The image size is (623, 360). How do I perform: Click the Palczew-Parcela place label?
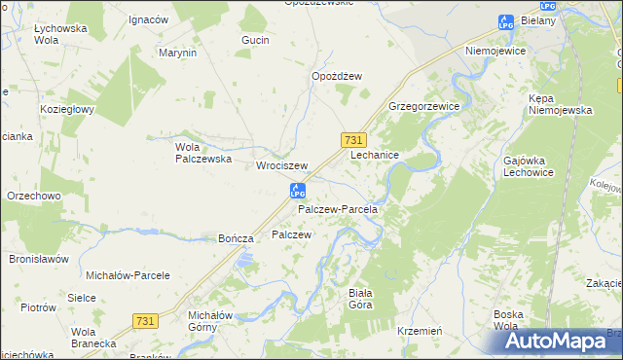[x=337, y=209]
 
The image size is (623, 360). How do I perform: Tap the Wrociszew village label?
[x=281, y=165]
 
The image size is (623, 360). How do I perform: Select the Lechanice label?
[x=375, y=155]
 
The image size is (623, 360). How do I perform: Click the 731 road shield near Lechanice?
[x=354, y=140]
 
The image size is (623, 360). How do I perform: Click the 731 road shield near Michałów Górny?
[x=144, y=321]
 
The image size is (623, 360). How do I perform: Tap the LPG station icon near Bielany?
[x=504, y=21]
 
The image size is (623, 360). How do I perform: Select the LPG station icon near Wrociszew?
[x=298, y=190]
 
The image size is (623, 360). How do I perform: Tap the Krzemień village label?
[x=421, y=331]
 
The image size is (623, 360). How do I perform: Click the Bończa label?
[x=237, y=238]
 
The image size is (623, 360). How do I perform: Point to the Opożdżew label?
[x=337, y=76]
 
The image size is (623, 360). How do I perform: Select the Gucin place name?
[x=255, y=40]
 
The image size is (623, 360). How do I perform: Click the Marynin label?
[x=178, y=53]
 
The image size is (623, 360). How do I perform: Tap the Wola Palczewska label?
[x=202, y=153]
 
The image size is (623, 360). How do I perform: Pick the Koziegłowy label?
[x=66, y=109]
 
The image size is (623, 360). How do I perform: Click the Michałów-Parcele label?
[x=128, y=275]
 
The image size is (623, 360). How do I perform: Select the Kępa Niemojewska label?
[x=560, y=104]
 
